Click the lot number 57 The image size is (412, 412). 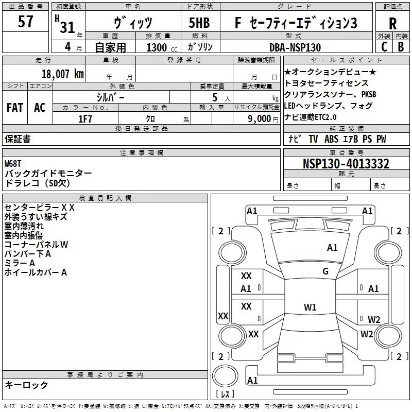[26, 22]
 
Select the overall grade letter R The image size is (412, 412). [392, 24]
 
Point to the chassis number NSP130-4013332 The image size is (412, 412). [346, 164]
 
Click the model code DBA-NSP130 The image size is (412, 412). [295, 47]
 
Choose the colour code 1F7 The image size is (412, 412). [85, 118]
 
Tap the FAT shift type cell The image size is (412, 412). [14, 108]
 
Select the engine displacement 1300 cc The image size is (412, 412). [158, 47]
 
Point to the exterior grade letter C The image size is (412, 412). [384, 47]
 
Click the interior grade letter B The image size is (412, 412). [401, 47]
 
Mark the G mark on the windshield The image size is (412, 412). [325, 271]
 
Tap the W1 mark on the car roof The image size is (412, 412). [310, 307]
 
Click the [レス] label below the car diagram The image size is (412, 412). [226, 394]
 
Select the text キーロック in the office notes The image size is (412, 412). [26, 385]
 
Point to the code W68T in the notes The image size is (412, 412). [15, 163]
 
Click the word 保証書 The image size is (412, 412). [18, 139]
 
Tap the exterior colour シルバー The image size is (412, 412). [110, 97]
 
